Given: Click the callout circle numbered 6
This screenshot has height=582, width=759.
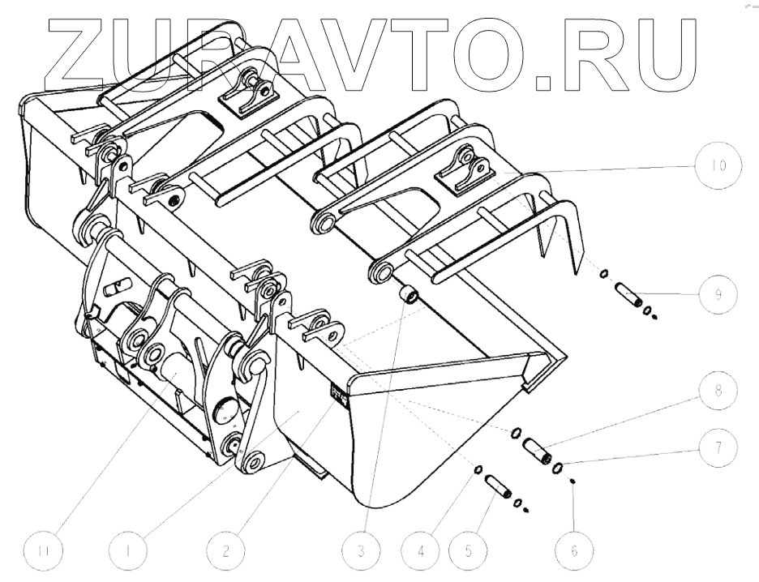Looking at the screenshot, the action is pyautogui.click(x=572, y=551).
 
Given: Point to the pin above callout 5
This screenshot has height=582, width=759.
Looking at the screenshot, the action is pyautogui.click(x=495, y=487).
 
